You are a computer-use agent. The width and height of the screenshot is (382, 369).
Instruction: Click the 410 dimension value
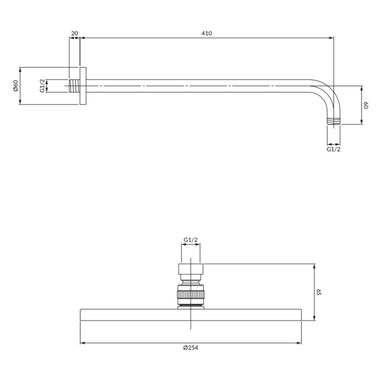click(x=207, y=33)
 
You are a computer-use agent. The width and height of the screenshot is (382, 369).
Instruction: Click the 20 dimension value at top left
click(x=74, y=33)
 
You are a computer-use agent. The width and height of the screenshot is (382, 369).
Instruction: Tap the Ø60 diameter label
click(x=15, y=86)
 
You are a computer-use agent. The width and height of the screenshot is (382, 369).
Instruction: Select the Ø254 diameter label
click(x=191, y=348)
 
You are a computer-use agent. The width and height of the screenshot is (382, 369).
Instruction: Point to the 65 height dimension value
click(x=319, y=292)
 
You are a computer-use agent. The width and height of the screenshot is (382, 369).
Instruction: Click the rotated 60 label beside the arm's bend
click(x=366, y=106)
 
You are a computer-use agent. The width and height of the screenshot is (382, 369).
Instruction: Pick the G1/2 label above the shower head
click(x=190, y=240)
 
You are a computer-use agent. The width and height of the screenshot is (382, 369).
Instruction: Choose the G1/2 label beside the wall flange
click(x=42, y=86)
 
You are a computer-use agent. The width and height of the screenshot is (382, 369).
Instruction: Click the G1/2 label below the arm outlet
click(x=334, y=149)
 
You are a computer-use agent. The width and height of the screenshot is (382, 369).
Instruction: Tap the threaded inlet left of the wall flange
click(x=74, y=86)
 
